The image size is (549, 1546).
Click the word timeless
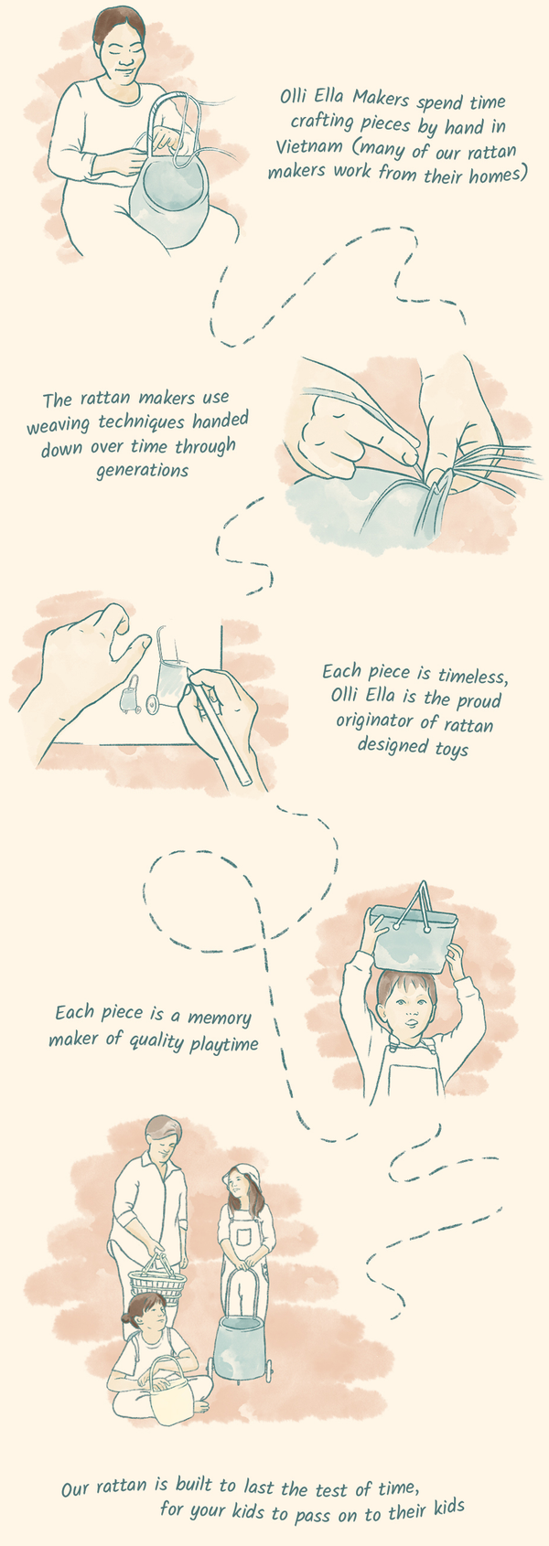pyautogui.click(x=471, y=675)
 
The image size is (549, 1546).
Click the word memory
pyautogui.click(x=219, y=1018)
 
